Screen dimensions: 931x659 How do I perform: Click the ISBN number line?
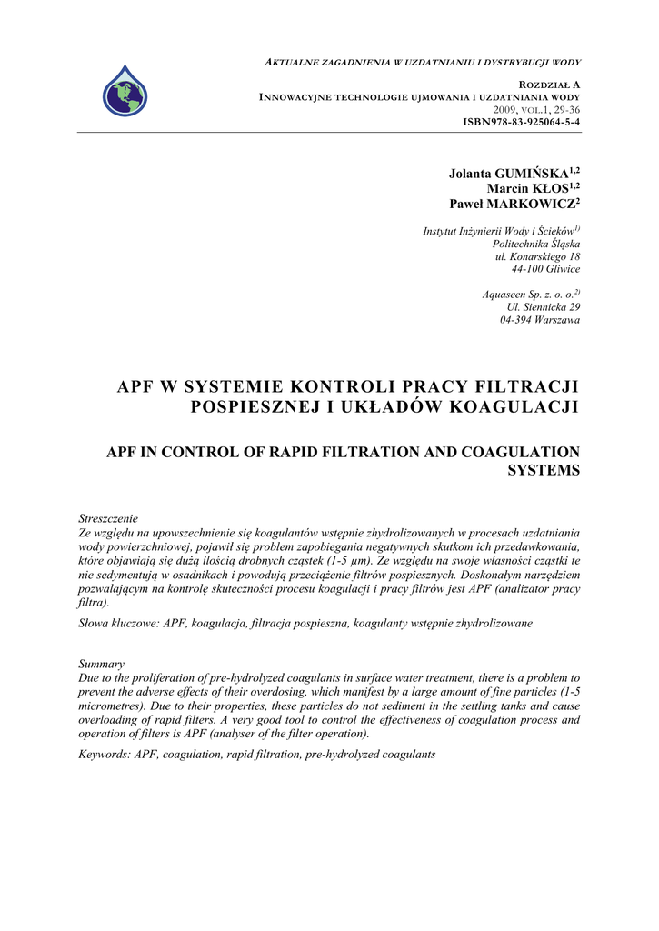[522, 121]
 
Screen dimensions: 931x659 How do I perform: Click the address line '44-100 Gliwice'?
[546, 269]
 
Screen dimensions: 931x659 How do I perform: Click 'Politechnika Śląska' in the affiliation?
[536, 244]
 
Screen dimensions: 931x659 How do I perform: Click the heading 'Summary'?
[102, 665]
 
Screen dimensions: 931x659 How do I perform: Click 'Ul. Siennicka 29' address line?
[543, 307]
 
